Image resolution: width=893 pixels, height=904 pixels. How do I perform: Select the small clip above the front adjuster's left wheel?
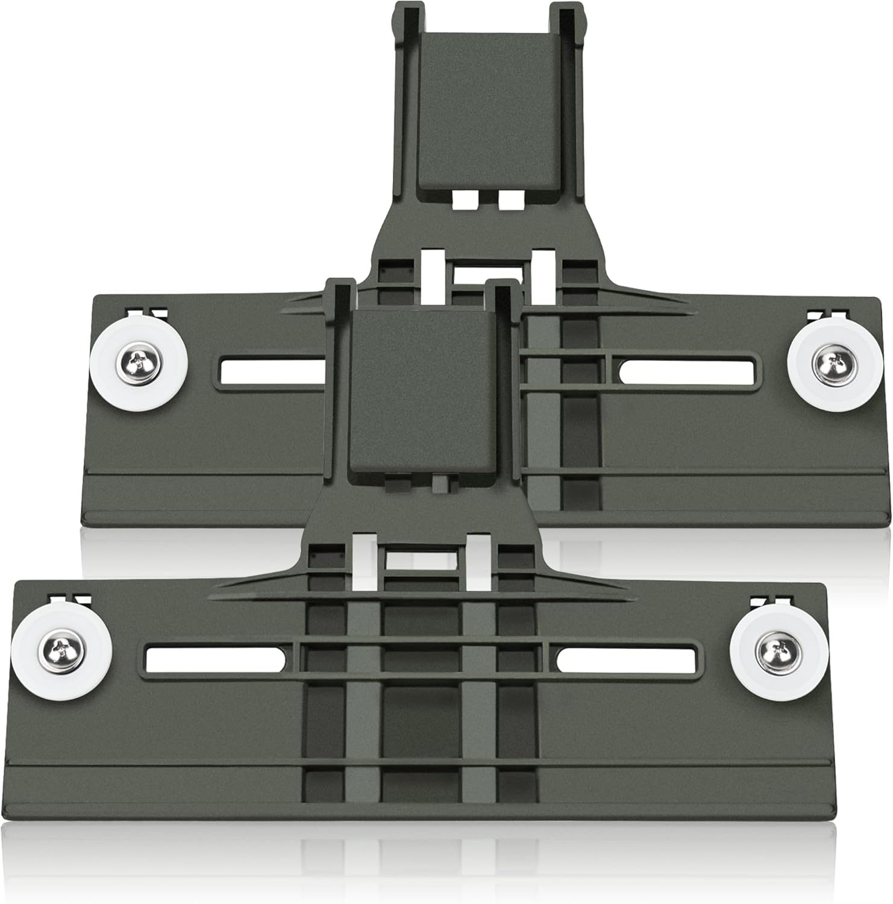(70, 599)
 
